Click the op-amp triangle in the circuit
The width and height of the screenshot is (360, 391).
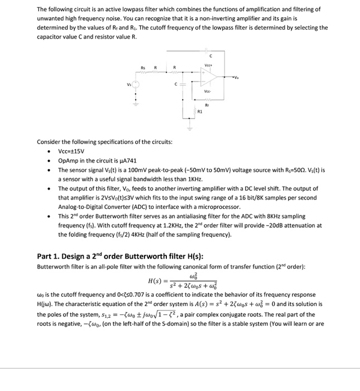pyautogui.click(x=199, y=77)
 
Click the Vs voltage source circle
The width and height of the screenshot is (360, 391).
pyautogui.click(x=135, y=85)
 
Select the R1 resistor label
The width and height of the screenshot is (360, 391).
pyautogui.click(x=199, y=112)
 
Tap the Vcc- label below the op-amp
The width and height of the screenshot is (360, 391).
pyautogui.click(x=207, y=92)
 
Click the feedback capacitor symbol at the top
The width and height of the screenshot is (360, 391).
pyautogui.click(x=206, y=50)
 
